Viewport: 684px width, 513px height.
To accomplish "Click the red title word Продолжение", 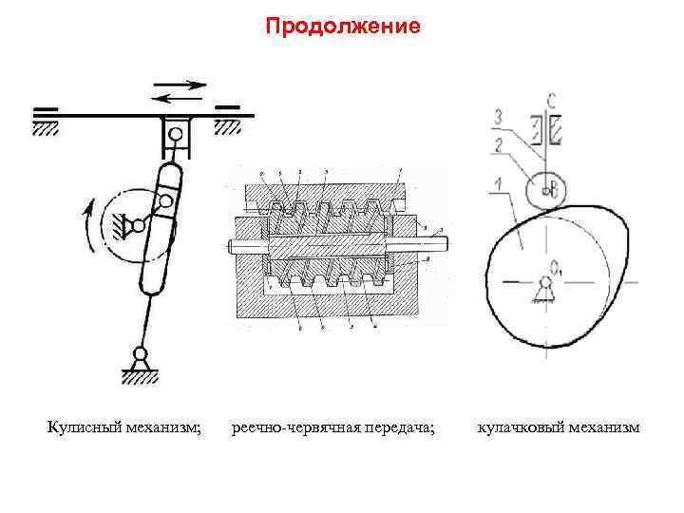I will pyautogui.click(x=342, y=26).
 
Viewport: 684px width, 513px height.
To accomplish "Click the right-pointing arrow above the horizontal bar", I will pyautogui.click(x=180, y=85).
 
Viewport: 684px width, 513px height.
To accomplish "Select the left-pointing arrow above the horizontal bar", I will pyautogui.click(x=180, y=96).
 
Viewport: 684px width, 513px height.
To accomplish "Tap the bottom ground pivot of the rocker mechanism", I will pyautogui.click(x=140, y=358).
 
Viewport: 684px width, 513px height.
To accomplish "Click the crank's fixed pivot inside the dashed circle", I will pyautogui.click(x=137, y=225).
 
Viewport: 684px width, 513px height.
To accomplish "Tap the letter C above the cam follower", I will pyautogui.click(x=551, y=100).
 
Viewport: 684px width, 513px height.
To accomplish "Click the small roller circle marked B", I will pyautogui.click(x=549, y=188).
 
